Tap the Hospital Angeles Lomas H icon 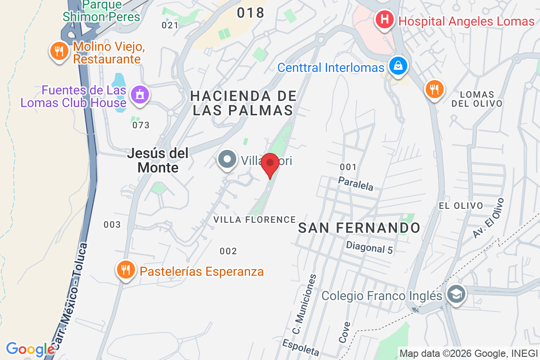385,20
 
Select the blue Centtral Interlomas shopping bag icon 399,67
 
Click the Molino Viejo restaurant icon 58,51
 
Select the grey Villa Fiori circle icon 227,160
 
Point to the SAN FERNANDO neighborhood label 359,228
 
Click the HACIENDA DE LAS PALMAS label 243,103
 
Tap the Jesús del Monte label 157,160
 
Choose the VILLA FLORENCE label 254,220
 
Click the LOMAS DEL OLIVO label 477,99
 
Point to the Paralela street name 355,183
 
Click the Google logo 30,349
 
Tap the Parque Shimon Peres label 101,11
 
